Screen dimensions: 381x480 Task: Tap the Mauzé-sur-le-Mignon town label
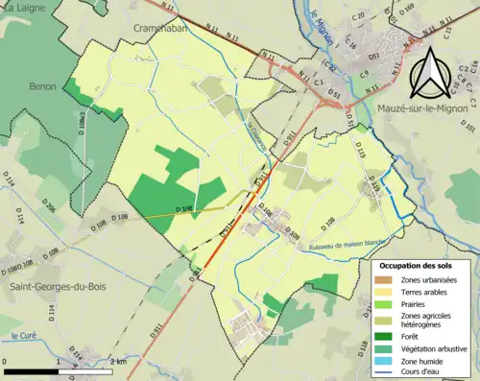point(414,107)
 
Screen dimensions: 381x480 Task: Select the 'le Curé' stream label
point(22,335)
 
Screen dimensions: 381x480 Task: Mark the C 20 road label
point(361,17)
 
